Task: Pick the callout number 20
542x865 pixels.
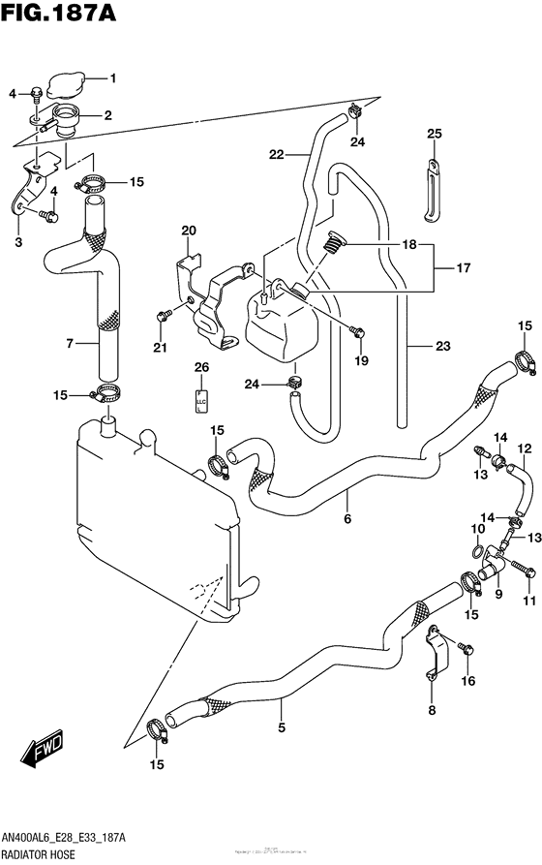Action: pos(189,230)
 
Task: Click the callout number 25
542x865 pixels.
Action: pos(434,133)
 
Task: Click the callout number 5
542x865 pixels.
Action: pos(281,728)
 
